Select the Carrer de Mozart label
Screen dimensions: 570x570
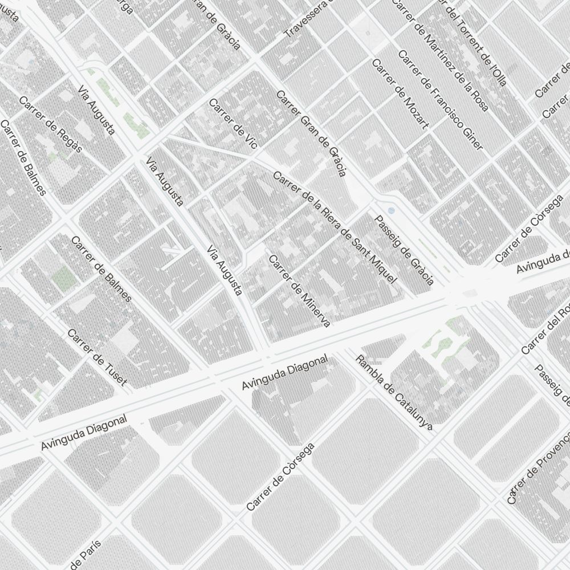[x=399, y=94]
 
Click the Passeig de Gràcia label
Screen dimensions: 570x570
[x=404, y=250]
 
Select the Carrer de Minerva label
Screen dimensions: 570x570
[x=299, y=291]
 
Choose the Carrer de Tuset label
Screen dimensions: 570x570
[x=97, y=357]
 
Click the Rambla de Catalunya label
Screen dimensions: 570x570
[x=394, y=392]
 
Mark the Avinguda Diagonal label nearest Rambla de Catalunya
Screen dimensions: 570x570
[x=284, y=373]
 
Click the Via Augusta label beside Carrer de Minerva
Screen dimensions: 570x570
[x=225, y=270]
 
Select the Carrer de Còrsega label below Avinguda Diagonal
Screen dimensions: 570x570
[x=280, y=478]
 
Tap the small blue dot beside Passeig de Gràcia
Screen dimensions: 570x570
[x=390, y=210]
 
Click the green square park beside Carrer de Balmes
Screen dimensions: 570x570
[x=64, y=278]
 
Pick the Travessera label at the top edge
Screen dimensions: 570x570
[x=306, y=19]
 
